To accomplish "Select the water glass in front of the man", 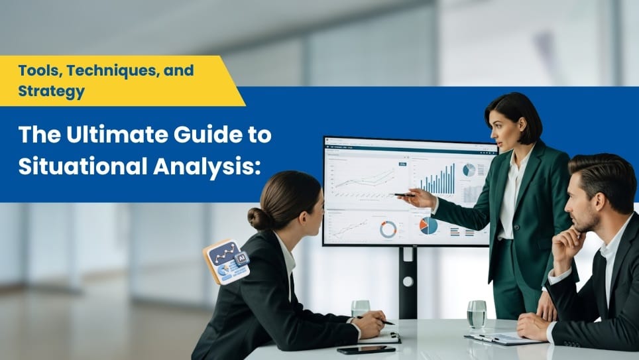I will [476, 314].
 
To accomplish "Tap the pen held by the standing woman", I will [403, 194].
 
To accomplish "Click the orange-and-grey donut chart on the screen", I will [388, 229].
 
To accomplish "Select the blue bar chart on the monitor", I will [437, 180].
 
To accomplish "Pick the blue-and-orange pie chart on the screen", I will [429, 225].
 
